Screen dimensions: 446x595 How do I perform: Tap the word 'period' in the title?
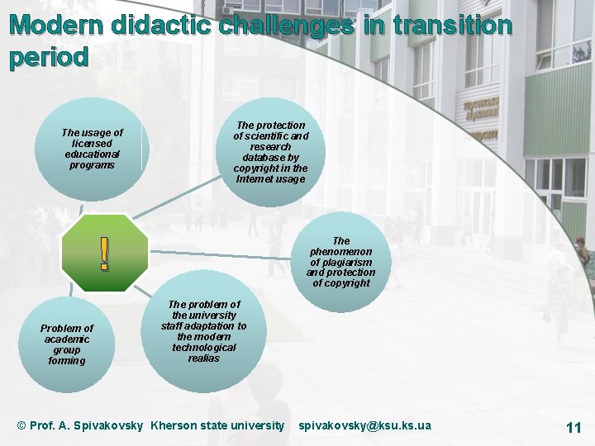tap(49, 58)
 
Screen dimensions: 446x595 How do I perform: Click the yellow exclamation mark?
tap(103, 254)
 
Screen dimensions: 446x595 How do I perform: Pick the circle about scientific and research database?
tap(270, 151)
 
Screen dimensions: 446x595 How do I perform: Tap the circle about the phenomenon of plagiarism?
tap(340, 262)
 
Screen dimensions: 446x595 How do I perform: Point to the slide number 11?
tap(574, 427)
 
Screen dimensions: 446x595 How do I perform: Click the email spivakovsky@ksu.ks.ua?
tap(364, 425)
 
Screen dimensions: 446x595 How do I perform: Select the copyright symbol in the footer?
tap(21, 425)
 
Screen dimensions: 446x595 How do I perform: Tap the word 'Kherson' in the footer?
tap(174, 425)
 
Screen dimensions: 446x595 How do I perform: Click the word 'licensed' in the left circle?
tap(92, 144)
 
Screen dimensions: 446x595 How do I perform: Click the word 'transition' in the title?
tap(452, 26)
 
